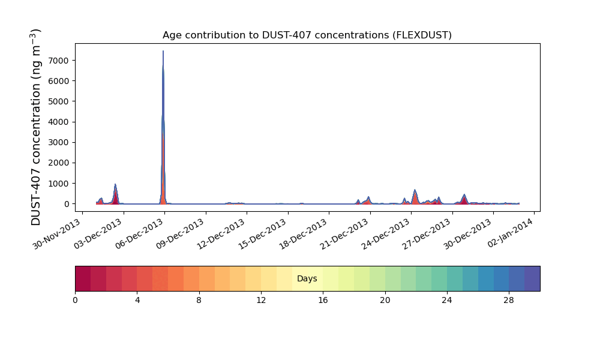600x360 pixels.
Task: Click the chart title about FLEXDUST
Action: click(x=307, y=35)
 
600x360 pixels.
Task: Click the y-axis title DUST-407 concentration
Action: click(x=37, y=127)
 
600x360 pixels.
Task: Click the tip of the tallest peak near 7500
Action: click(x=163, y=52)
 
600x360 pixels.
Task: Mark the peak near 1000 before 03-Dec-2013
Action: click(x=115, y=185)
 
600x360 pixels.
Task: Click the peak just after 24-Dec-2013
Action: click(x=415, y=191)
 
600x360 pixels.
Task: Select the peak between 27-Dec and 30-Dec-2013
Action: click(x=464, y=195)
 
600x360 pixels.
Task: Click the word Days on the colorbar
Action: click(x=307, y=279)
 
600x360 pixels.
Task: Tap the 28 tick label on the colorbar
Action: click(x=509, y=300)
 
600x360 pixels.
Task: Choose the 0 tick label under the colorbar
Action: click(x=75, y=300)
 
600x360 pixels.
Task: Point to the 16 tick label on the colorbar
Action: click(x=323, y=300)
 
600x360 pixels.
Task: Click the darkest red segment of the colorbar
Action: click(x=83, y=279)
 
